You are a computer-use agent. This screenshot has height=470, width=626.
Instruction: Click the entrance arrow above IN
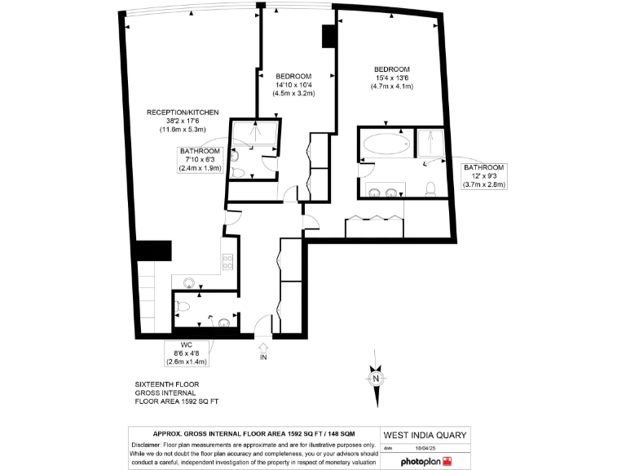pos(263,348)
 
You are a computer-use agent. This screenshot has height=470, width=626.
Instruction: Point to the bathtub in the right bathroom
pos(386,146)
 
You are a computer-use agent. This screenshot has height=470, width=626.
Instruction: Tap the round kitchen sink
pos(189,282)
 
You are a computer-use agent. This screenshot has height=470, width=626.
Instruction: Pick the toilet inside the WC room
pos(183,308)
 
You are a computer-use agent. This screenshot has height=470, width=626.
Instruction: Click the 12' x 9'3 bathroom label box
pos(484,176)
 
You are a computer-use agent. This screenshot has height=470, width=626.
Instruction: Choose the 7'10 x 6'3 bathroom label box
pos(200,160)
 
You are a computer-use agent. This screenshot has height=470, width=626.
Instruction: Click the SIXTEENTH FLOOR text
pos(167,384)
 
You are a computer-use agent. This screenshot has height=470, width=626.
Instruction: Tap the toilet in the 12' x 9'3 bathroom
pos(433,188)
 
